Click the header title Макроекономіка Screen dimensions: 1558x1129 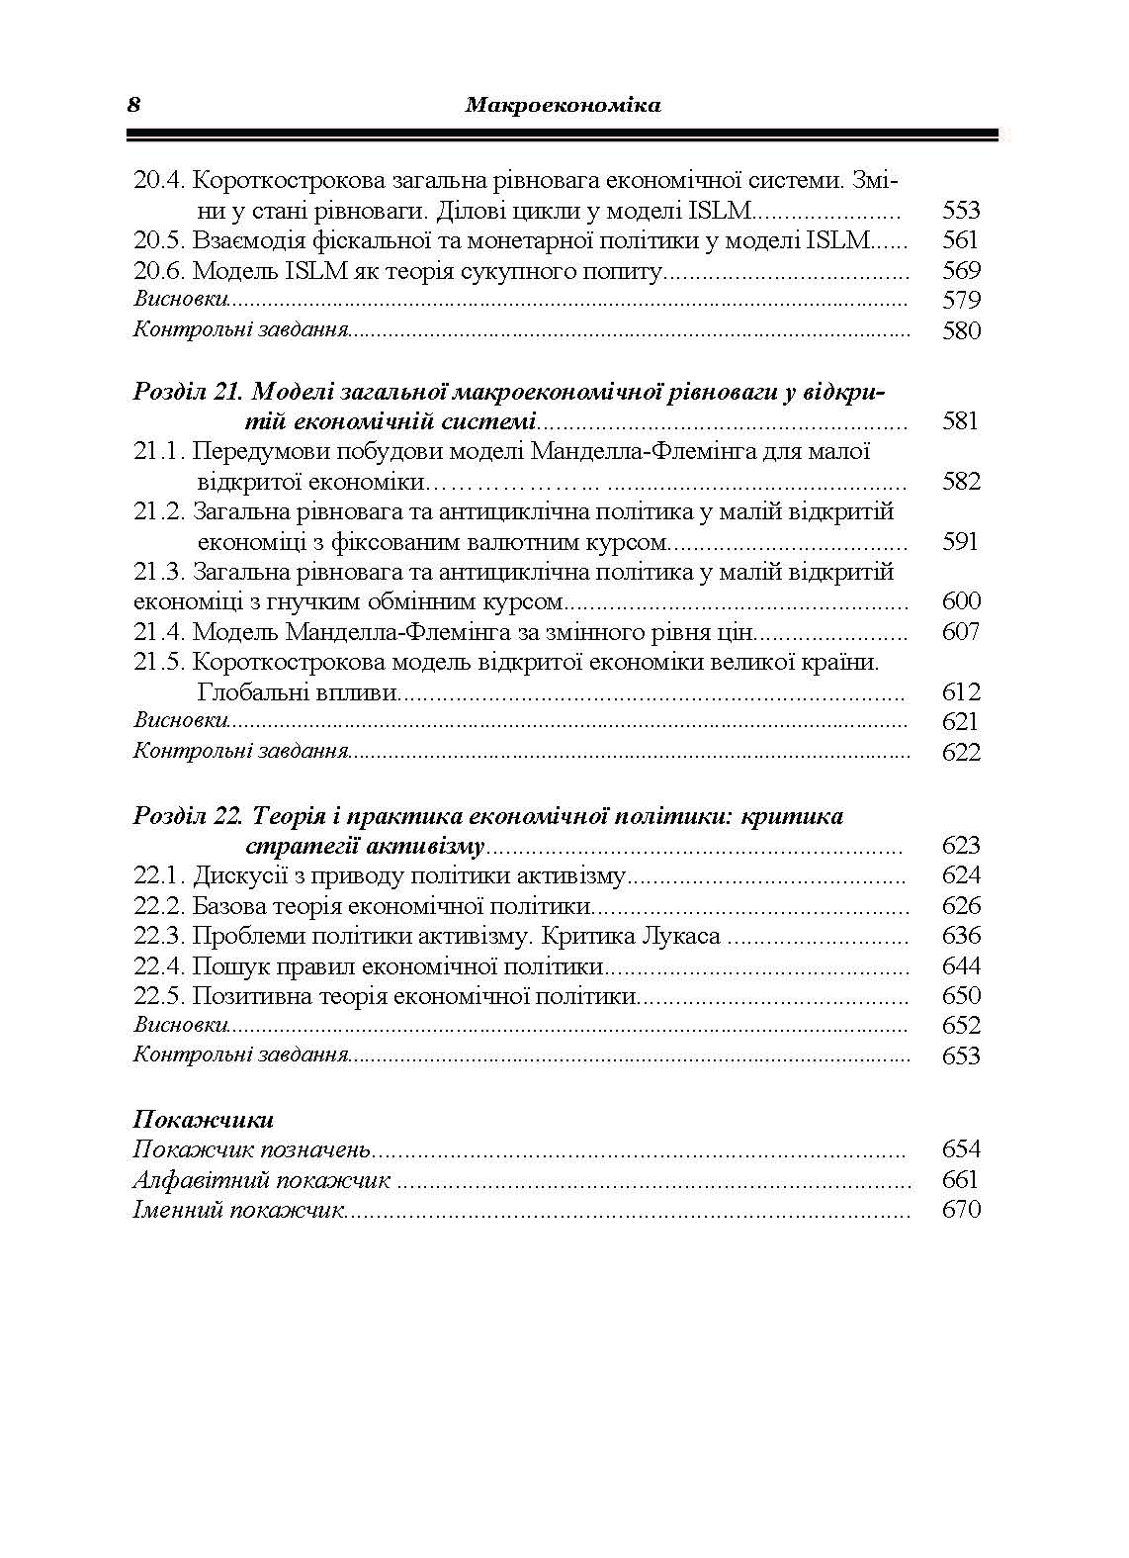[562, 105]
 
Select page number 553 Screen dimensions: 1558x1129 [960, 210]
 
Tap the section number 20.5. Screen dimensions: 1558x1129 [160, 239]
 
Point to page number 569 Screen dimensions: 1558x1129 [960, 270]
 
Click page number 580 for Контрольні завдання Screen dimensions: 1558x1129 [960, 330]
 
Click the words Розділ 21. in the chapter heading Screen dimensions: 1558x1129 [187, 392]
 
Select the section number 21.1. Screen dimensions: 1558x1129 [160, 452]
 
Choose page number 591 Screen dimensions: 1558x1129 [960, 541]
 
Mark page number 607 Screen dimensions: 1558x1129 [960, 631]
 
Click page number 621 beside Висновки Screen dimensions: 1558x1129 [960, 721]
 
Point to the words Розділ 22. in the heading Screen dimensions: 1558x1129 [187, 816]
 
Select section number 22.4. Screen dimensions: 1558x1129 [160, 965]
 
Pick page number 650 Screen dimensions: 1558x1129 [960, 995]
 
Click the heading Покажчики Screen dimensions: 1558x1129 [203, 1120]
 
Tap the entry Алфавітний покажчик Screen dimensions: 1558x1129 [262, 1180]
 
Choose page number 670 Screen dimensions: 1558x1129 [960, 1210]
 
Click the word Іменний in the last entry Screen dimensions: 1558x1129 [178, 1210]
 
